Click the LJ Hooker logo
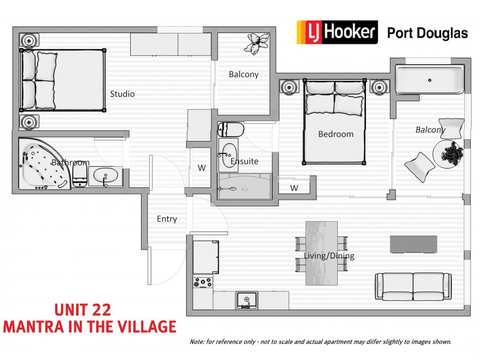click(337, 32)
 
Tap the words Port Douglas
click(427, 33)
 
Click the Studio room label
click(122, 94)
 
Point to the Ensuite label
click(245, 161)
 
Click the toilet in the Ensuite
click(231, 129)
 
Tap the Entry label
click(167, 219)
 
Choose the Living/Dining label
click(329, 256)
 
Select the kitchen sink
click(245, 300)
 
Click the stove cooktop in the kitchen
click(202, 281)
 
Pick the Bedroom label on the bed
click(335, 134)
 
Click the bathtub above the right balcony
click(429, 80)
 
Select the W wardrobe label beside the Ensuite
click(202, 168)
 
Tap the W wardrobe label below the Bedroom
click(294, 188)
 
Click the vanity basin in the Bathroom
click(106, 176)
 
